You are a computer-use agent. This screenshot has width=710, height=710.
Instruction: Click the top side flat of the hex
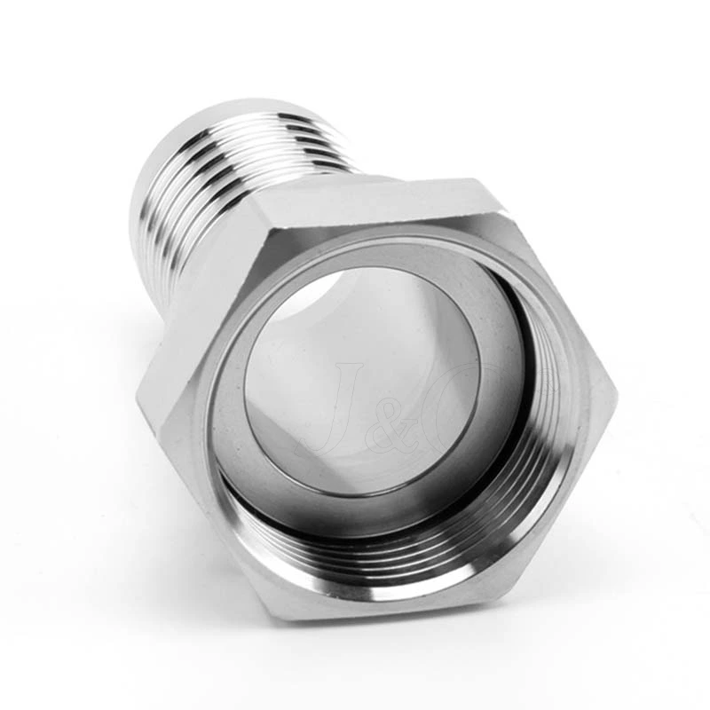pyautogui.click(x=373, y=200)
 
